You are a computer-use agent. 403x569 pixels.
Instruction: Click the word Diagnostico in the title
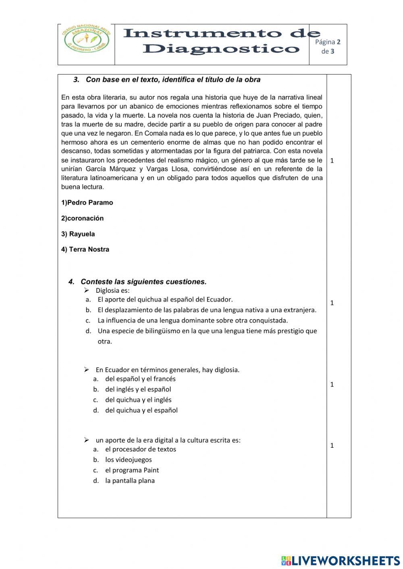coord(221,49)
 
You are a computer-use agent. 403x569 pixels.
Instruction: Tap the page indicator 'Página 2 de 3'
coord(328,46)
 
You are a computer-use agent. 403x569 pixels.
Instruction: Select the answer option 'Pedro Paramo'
coord(87,203)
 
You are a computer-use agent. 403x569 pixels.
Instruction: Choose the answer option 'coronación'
coord(83,218)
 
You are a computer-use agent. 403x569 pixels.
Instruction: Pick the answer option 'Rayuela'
coord(78,234)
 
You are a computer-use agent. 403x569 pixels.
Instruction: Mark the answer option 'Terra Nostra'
coord(85,249)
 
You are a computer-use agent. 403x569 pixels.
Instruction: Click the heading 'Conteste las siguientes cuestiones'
coord(143,282)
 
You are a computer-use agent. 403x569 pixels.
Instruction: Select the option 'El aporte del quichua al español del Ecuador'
coord(165,300)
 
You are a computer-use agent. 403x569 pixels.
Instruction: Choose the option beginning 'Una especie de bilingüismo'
coord(207,331)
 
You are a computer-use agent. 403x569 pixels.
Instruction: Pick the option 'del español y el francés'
coord(140,379)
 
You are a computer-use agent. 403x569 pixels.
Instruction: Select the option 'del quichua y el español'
coord(141,410)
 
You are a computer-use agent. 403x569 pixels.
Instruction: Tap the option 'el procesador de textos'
coord(140,449)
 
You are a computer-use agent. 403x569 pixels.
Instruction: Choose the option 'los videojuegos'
coord(129,460)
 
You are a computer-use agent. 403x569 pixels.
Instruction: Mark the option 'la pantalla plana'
coord(130,481)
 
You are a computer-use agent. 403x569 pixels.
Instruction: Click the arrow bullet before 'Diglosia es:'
coord(86,290)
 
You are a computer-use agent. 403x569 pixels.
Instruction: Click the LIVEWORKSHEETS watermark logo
coord(340,560)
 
